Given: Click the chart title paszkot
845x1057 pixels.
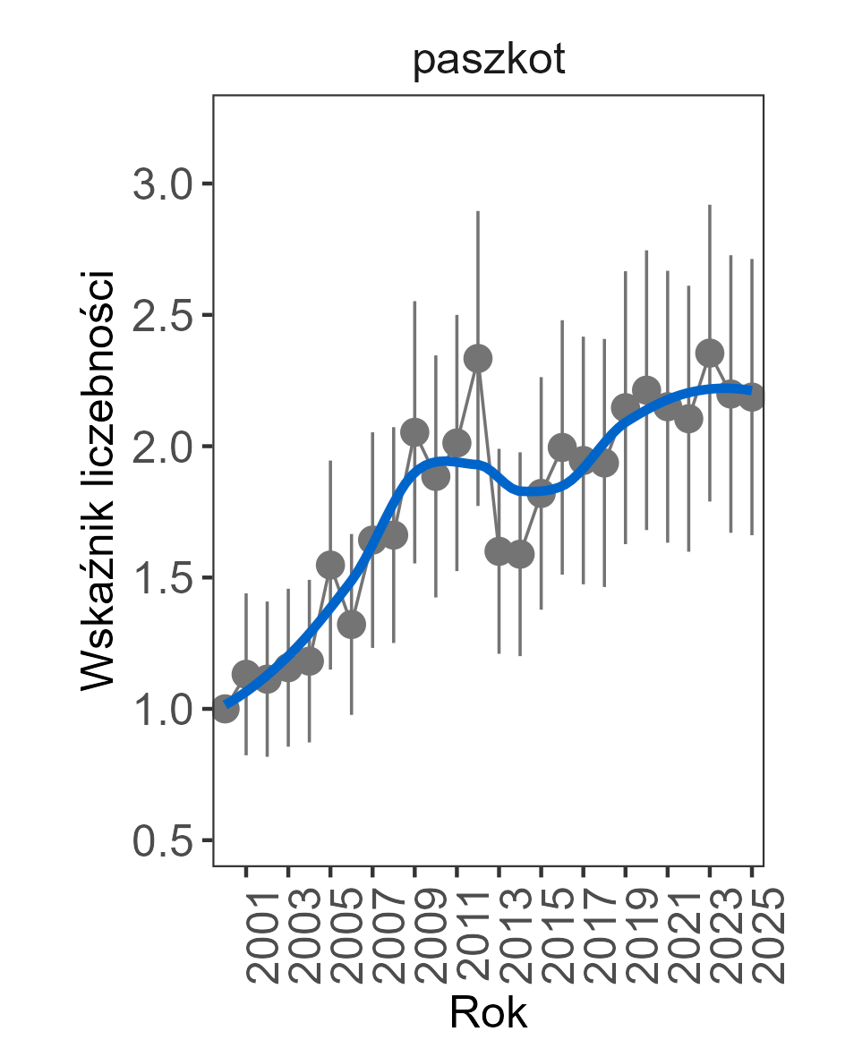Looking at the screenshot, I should tap(489, 63).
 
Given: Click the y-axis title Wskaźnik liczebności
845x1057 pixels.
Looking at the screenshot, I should tap(99, 480).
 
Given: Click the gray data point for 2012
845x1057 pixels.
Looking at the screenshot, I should tap(478, 359).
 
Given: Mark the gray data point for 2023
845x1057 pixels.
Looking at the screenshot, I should tap(710, 354).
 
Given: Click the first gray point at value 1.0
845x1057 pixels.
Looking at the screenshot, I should tap(226, 708).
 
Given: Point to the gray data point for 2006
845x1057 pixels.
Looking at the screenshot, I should tap(352, 625).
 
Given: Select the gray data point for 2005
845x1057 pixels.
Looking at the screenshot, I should tap(330, 565).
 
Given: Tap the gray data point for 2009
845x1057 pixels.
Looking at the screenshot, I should tap(414, 432).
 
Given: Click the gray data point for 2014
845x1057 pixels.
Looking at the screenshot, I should tap(520, 555).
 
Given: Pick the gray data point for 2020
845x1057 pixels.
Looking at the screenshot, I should tap(646, 389).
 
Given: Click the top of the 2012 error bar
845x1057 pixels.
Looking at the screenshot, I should tap(478, 212).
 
